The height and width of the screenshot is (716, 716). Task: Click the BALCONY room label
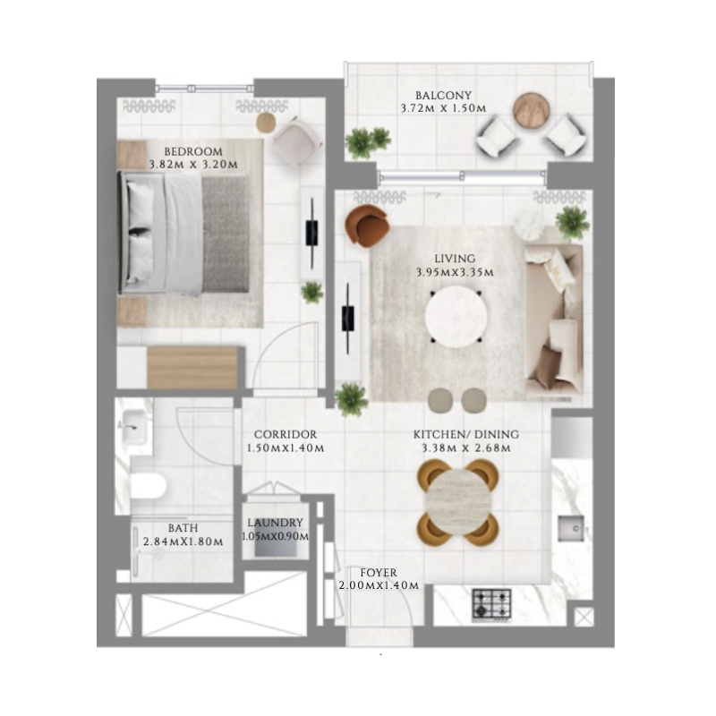[x=443, y=95]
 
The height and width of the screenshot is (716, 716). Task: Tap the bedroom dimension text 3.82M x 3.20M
[x=193, y=165]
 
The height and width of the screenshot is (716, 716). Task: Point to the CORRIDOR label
[x=286, y=434]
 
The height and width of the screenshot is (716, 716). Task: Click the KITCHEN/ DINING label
[x=465, y=435]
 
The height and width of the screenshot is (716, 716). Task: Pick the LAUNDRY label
[x=275, y=523]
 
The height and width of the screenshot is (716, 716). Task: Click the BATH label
[x=183, y=528]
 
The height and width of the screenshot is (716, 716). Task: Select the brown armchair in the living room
[x=366, y=224]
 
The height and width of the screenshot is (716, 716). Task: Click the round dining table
[x=458, y=502]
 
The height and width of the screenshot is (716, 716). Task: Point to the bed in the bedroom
[x=184, y=234]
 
